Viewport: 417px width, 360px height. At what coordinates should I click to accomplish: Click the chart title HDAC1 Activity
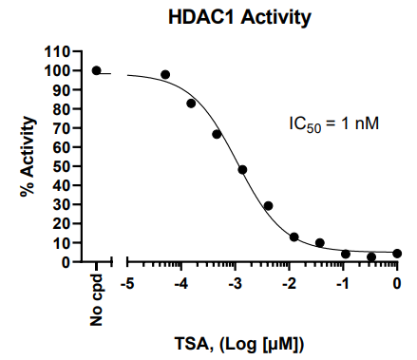point(227,17)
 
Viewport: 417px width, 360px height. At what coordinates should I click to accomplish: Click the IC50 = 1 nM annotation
point(333,123)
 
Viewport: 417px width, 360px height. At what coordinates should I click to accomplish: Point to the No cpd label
point(97,305)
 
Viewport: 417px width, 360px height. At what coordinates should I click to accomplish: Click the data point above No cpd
point(97,70)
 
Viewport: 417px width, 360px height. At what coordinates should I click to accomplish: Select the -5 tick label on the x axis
point(126,283)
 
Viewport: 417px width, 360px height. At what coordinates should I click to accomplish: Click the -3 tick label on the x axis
point(235,283)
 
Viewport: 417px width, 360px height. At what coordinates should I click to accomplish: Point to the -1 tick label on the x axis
point(343,283)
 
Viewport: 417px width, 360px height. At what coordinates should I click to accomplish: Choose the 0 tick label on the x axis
point(398,283)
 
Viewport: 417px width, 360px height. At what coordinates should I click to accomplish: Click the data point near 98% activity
point(165,74)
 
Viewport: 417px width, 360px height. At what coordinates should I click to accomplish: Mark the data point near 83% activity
point(191,103)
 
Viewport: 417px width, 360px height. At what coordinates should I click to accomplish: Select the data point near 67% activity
point(217,134)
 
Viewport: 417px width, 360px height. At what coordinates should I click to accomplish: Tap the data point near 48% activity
point(242,170)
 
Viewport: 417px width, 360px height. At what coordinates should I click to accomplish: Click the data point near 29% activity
point(268,206)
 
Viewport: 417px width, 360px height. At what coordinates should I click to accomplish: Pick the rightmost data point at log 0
point(397,254)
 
